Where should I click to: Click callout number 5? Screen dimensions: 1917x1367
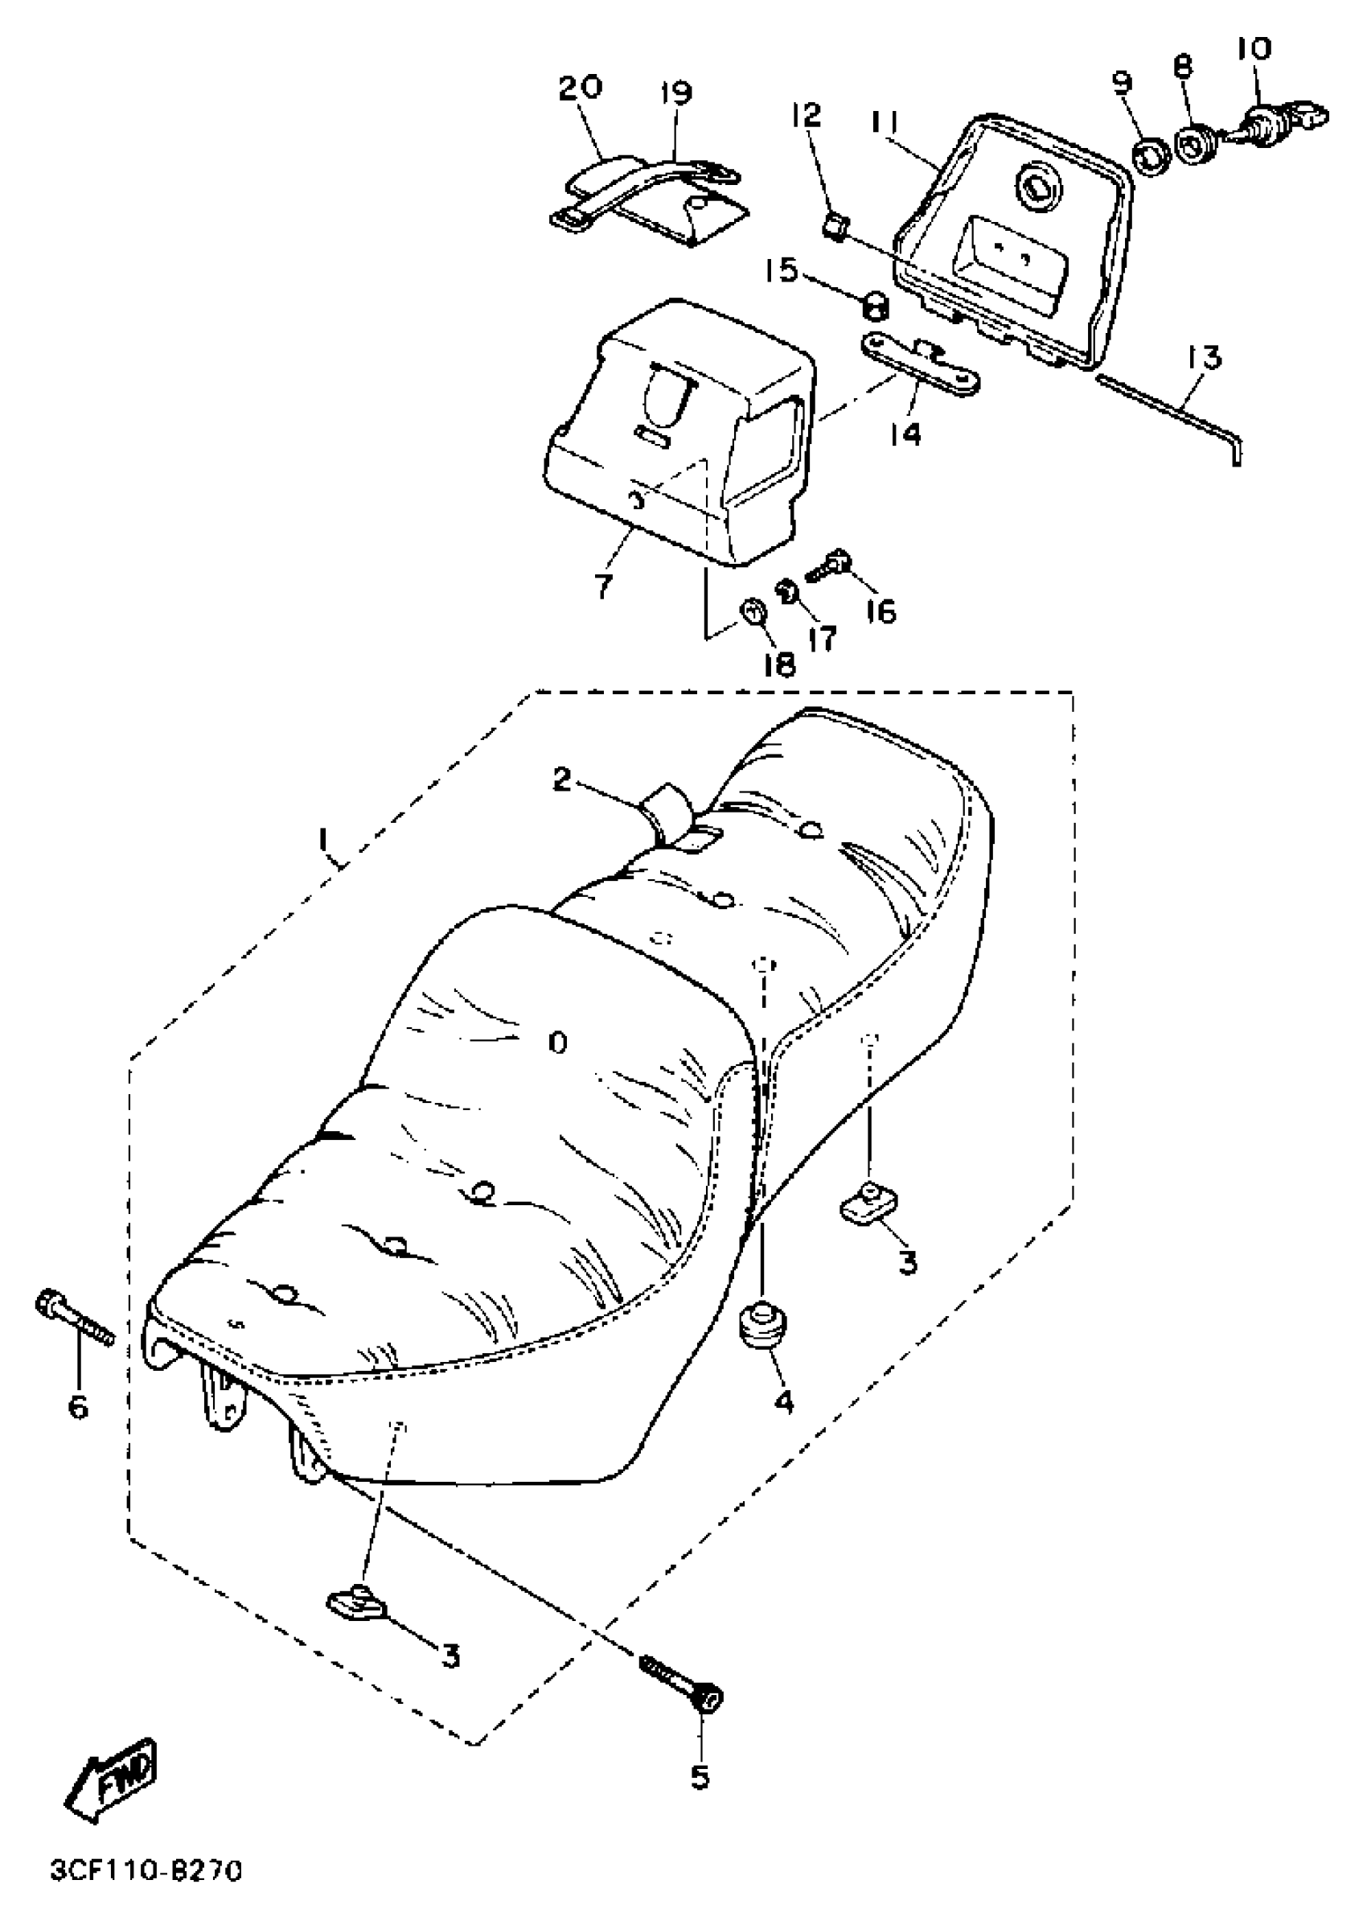[700, 1776]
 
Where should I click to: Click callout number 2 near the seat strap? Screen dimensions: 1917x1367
[562, 780]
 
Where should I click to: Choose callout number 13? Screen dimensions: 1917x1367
[1205, 359]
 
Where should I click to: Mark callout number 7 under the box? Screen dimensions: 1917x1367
[604, 586]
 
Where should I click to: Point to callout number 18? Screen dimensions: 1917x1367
[779, 665]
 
